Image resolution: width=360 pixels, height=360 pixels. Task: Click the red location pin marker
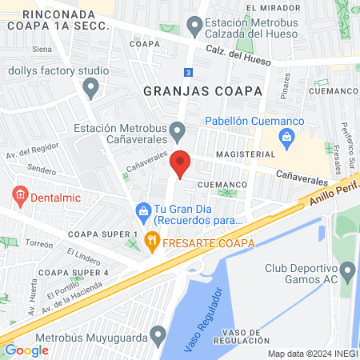180,162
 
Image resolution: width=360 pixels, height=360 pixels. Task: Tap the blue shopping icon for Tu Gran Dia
142,211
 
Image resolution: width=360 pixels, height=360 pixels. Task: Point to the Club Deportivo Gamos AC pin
347,272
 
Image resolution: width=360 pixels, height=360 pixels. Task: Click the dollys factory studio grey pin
91,86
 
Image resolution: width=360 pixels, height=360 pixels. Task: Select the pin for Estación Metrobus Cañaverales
176,129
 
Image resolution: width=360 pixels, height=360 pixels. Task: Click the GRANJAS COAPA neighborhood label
202,91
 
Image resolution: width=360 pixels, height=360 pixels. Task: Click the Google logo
27,350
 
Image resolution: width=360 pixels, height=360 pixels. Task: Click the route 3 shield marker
187,72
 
